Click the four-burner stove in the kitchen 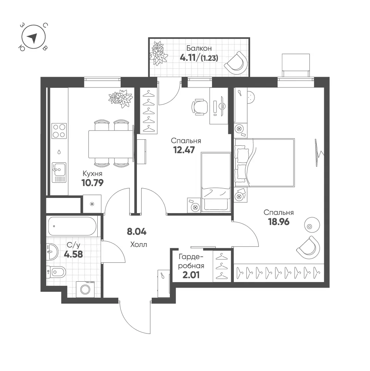click(x=59, y=131)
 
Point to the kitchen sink click(x=59, y=172)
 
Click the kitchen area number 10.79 click(x=92, y=183)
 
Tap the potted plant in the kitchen click(x=121, y=98)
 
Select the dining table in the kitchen click(x=111, y=144)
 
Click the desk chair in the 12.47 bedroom click(x=200, y=107)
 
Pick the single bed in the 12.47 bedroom click(x=216, y=182)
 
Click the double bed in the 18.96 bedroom click(x=265, y=163)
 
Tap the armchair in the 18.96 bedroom click(x=308, y=247)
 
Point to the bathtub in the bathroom click(x=72, y=226)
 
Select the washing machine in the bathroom click(x=85, y=289)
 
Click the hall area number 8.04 click(x=137, y=232)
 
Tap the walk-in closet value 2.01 click(x=191, y=275)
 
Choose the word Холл click(x=139, y=244)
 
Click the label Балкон click(x=199, y=48)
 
